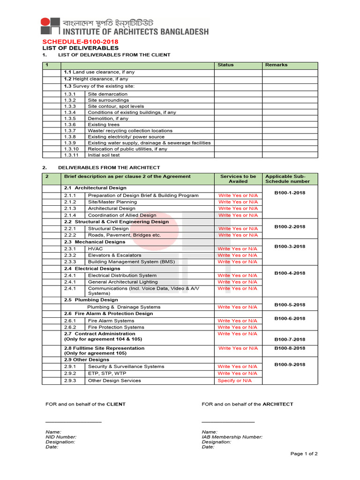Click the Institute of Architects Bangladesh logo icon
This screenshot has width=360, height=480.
coord(50,26)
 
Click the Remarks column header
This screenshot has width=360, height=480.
coord(276,65)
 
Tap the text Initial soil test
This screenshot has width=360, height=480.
coord(104,155)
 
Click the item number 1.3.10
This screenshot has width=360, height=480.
coord(72,149)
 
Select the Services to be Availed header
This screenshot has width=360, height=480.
coord(238,179)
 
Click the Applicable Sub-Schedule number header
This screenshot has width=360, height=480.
coord(287,179)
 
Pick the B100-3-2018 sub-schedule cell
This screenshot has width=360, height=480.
coord(289,247)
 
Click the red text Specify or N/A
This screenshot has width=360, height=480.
coord(234,381)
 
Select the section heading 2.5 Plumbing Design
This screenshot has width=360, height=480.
coord(91,300)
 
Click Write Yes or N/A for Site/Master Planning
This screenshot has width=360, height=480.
coord(238,202)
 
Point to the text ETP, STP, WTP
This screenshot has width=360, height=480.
coord(107,374)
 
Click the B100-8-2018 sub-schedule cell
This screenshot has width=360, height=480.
coord(289,348)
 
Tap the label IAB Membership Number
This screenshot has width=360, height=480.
coord(232,437)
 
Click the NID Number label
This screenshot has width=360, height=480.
coord(61,437)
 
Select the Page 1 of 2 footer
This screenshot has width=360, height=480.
coord(304,454)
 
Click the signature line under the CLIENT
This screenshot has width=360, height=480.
coord(73,422)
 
